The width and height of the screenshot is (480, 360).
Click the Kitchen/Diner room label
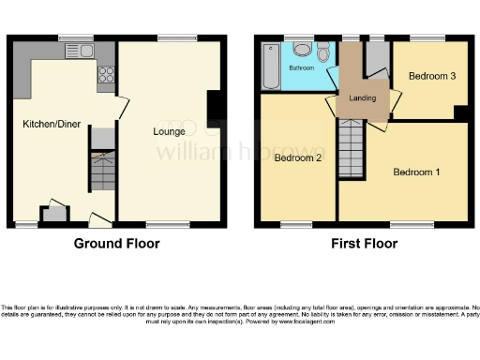pyautogui.click(x=51, y=123)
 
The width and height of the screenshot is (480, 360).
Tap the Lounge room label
pyautogui.click(x=169, y=131)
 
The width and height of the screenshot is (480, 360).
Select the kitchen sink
pyautogui.click(x=75, y=51)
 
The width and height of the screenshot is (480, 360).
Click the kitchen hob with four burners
pyautogui.click(x=105, y=71)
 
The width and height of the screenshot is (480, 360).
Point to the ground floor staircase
pyautogui.click(x=101, y=173)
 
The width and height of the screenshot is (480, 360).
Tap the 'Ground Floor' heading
pyautogui.click(x=117, y=244)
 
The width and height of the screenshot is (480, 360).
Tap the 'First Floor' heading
pyautogui.click(x=365, y=244)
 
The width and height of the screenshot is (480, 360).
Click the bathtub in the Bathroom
pyautogui.click(x=271, y=67)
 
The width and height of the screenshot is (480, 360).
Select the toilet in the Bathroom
pyautogui.click(x=323, y=54)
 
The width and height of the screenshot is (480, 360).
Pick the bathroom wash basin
pyautogui.click(x=302, y=50)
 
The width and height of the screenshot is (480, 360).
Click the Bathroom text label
pyautogui.click(x=301, y=68)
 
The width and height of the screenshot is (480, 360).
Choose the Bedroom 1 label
pyautogui.click(x=415, y=172)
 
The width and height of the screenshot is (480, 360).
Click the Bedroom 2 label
pyautogui.click(x=298, y=158)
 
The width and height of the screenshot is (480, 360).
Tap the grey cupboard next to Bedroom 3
pyautogui.click(x=378, y=60)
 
